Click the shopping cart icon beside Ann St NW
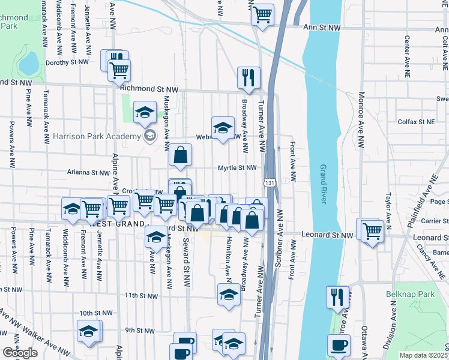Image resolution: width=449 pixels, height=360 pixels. [262, 14]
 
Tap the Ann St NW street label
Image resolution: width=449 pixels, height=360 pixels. [322, 28]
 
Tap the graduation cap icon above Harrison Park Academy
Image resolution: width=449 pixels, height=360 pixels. [145, 113]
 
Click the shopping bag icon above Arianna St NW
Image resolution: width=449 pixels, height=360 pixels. [180, 156]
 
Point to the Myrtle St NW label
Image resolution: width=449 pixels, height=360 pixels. [237, 168]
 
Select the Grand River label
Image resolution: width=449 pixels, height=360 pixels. [324, 184]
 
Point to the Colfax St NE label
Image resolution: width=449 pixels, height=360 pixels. [416, 122]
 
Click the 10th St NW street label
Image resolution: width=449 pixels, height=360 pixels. [96, 313]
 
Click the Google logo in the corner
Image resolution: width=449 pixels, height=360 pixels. [20, 353]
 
